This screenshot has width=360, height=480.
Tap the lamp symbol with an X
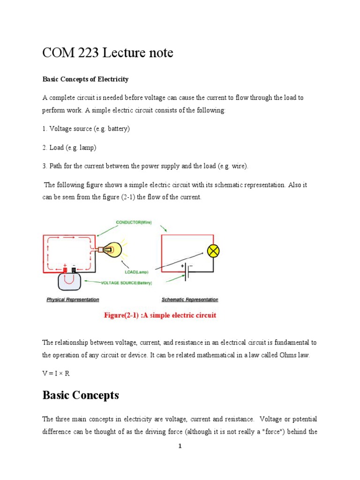pyautogui.click(x=214, y=251)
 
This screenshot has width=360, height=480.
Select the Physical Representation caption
pyautogui.click(x=72, y=300)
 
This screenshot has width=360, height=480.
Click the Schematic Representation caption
pyautogui.click(x=189, y=300)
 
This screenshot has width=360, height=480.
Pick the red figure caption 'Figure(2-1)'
pyautogui.click(x=160, y=315)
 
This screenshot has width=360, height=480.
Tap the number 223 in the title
pyautogui.click(x=88, y=53)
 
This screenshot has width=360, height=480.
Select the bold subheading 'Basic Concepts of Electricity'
pyautogui.click(x=85, y=79)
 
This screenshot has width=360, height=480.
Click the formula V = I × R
pyautogui.click(x=59, y=373)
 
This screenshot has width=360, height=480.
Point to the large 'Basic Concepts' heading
pyautogui.click(x=81, y=395)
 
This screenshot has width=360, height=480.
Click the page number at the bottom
pyautogui.click(x=180, y=446)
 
